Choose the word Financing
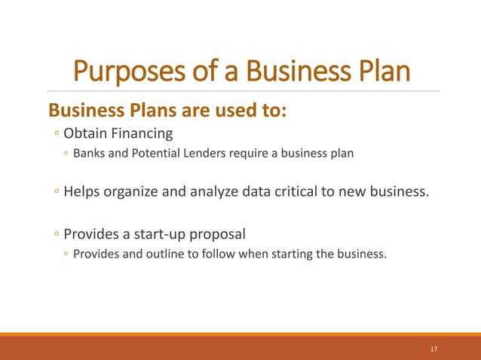[x=142, y=134]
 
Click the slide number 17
[x=434, y=349]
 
